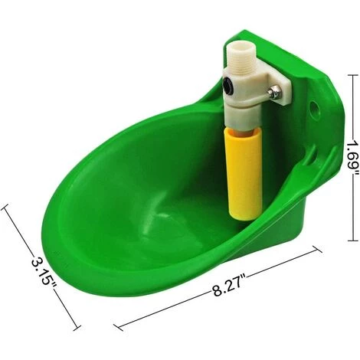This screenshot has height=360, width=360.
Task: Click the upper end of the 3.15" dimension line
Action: coord(6,205)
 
